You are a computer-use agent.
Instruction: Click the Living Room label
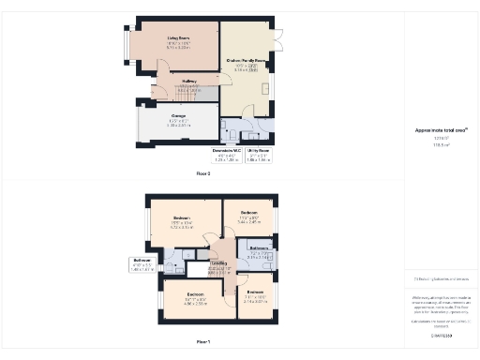pyautogui.click(x=166, y=38)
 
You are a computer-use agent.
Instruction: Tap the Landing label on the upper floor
pyautogui.click(x=220, y=263)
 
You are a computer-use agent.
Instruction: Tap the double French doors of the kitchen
pyautogui.click(x=277, y=41)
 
